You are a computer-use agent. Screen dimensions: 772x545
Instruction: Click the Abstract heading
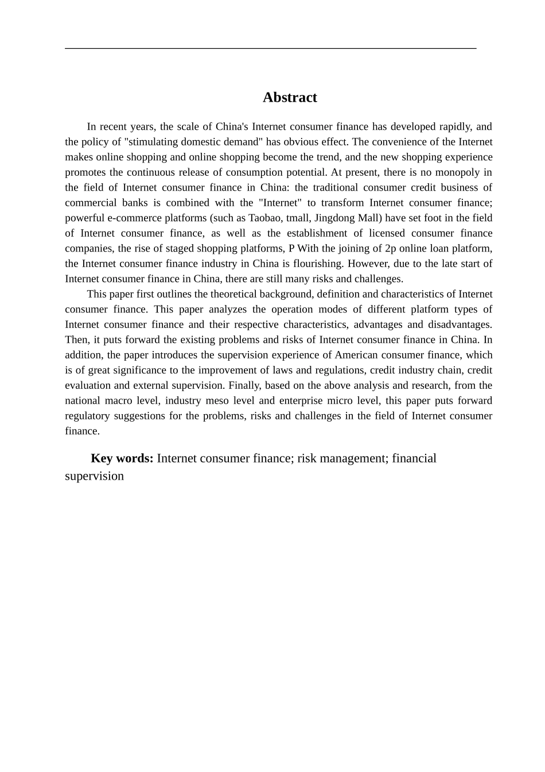pos(290,98)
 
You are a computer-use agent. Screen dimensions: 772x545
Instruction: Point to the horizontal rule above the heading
pos(270,49)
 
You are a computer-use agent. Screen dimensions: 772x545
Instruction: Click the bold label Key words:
pos(122,458)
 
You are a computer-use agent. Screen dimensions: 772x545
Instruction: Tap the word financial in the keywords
pos(414,458)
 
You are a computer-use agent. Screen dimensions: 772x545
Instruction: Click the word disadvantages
pos(460,325)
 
